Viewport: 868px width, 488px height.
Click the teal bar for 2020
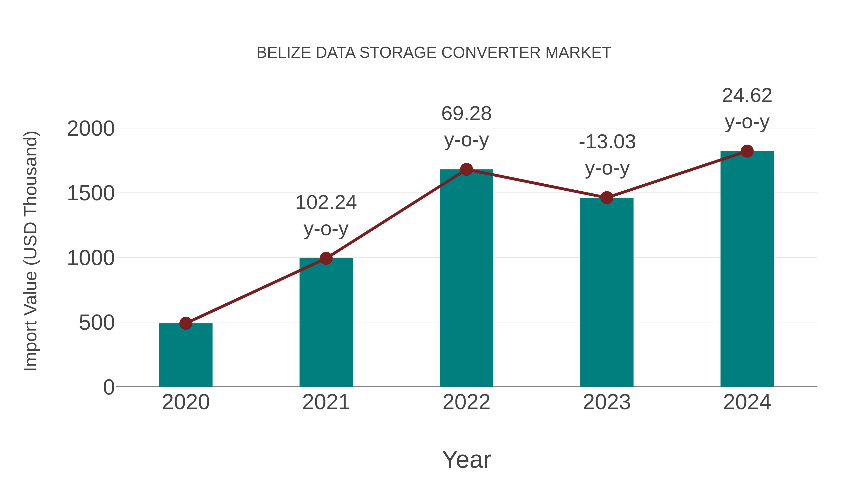point(186,355)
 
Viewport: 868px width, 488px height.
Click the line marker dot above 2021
point(326,258)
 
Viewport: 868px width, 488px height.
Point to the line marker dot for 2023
point(607,198)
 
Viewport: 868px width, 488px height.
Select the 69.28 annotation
point(466,114)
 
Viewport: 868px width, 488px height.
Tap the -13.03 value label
point(607,142)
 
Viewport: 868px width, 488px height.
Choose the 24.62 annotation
point(747,96)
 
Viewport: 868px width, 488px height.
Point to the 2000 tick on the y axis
point(91,129)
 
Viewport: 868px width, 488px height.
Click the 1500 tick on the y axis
point(91,194)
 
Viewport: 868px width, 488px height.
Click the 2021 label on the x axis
point(326,402)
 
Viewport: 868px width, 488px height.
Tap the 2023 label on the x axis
point(607,402)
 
